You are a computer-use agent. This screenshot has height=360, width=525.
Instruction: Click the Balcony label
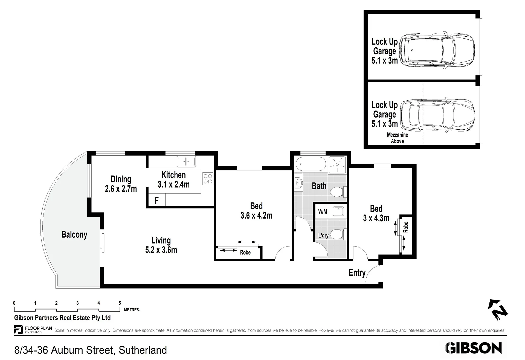[74, 235]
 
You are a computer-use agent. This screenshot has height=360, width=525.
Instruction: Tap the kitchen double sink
[186, 161]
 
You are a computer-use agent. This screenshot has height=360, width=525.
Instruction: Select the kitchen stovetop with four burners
[208, 179]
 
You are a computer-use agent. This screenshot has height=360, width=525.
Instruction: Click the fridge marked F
[157, 201]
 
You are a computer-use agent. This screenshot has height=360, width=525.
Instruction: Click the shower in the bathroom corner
[337, 164]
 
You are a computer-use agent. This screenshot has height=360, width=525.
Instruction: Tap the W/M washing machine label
[323, 211]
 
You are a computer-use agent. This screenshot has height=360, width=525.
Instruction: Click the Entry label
[357, 273]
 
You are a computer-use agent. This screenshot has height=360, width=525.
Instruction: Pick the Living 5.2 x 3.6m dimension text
[161, 245]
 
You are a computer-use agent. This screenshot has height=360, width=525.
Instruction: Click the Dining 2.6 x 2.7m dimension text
[121, 184]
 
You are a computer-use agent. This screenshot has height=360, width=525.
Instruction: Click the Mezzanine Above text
[397, 138]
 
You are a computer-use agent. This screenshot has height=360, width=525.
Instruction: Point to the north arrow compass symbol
[498, 310]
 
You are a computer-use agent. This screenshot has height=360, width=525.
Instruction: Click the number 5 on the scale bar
[120, 303]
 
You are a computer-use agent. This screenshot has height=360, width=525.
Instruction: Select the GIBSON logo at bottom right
[473, 348]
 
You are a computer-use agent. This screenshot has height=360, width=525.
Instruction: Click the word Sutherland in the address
[143, 350]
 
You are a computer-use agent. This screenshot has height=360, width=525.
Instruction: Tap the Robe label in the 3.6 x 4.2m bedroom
[245, 252]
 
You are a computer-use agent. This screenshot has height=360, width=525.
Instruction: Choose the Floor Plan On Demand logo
[33, 330]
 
